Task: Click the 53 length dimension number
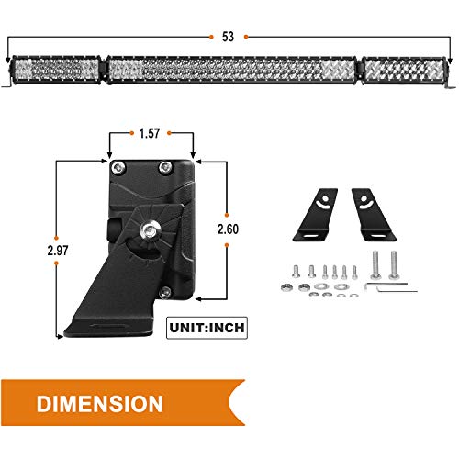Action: pos(228,37)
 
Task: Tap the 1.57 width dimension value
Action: pos(150,133)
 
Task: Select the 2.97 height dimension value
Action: pos(58,251)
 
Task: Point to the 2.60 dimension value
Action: pos(228,229)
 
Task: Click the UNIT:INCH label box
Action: pos(207,328)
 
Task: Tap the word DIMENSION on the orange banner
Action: pos(100,404)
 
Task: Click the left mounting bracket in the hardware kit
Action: pos(316,215)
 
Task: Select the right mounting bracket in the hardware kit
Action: pos(374,215)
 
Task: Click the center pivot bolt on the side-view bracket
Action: pos(150,229)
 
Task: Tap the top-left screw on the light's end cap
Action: pos(118,167)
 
